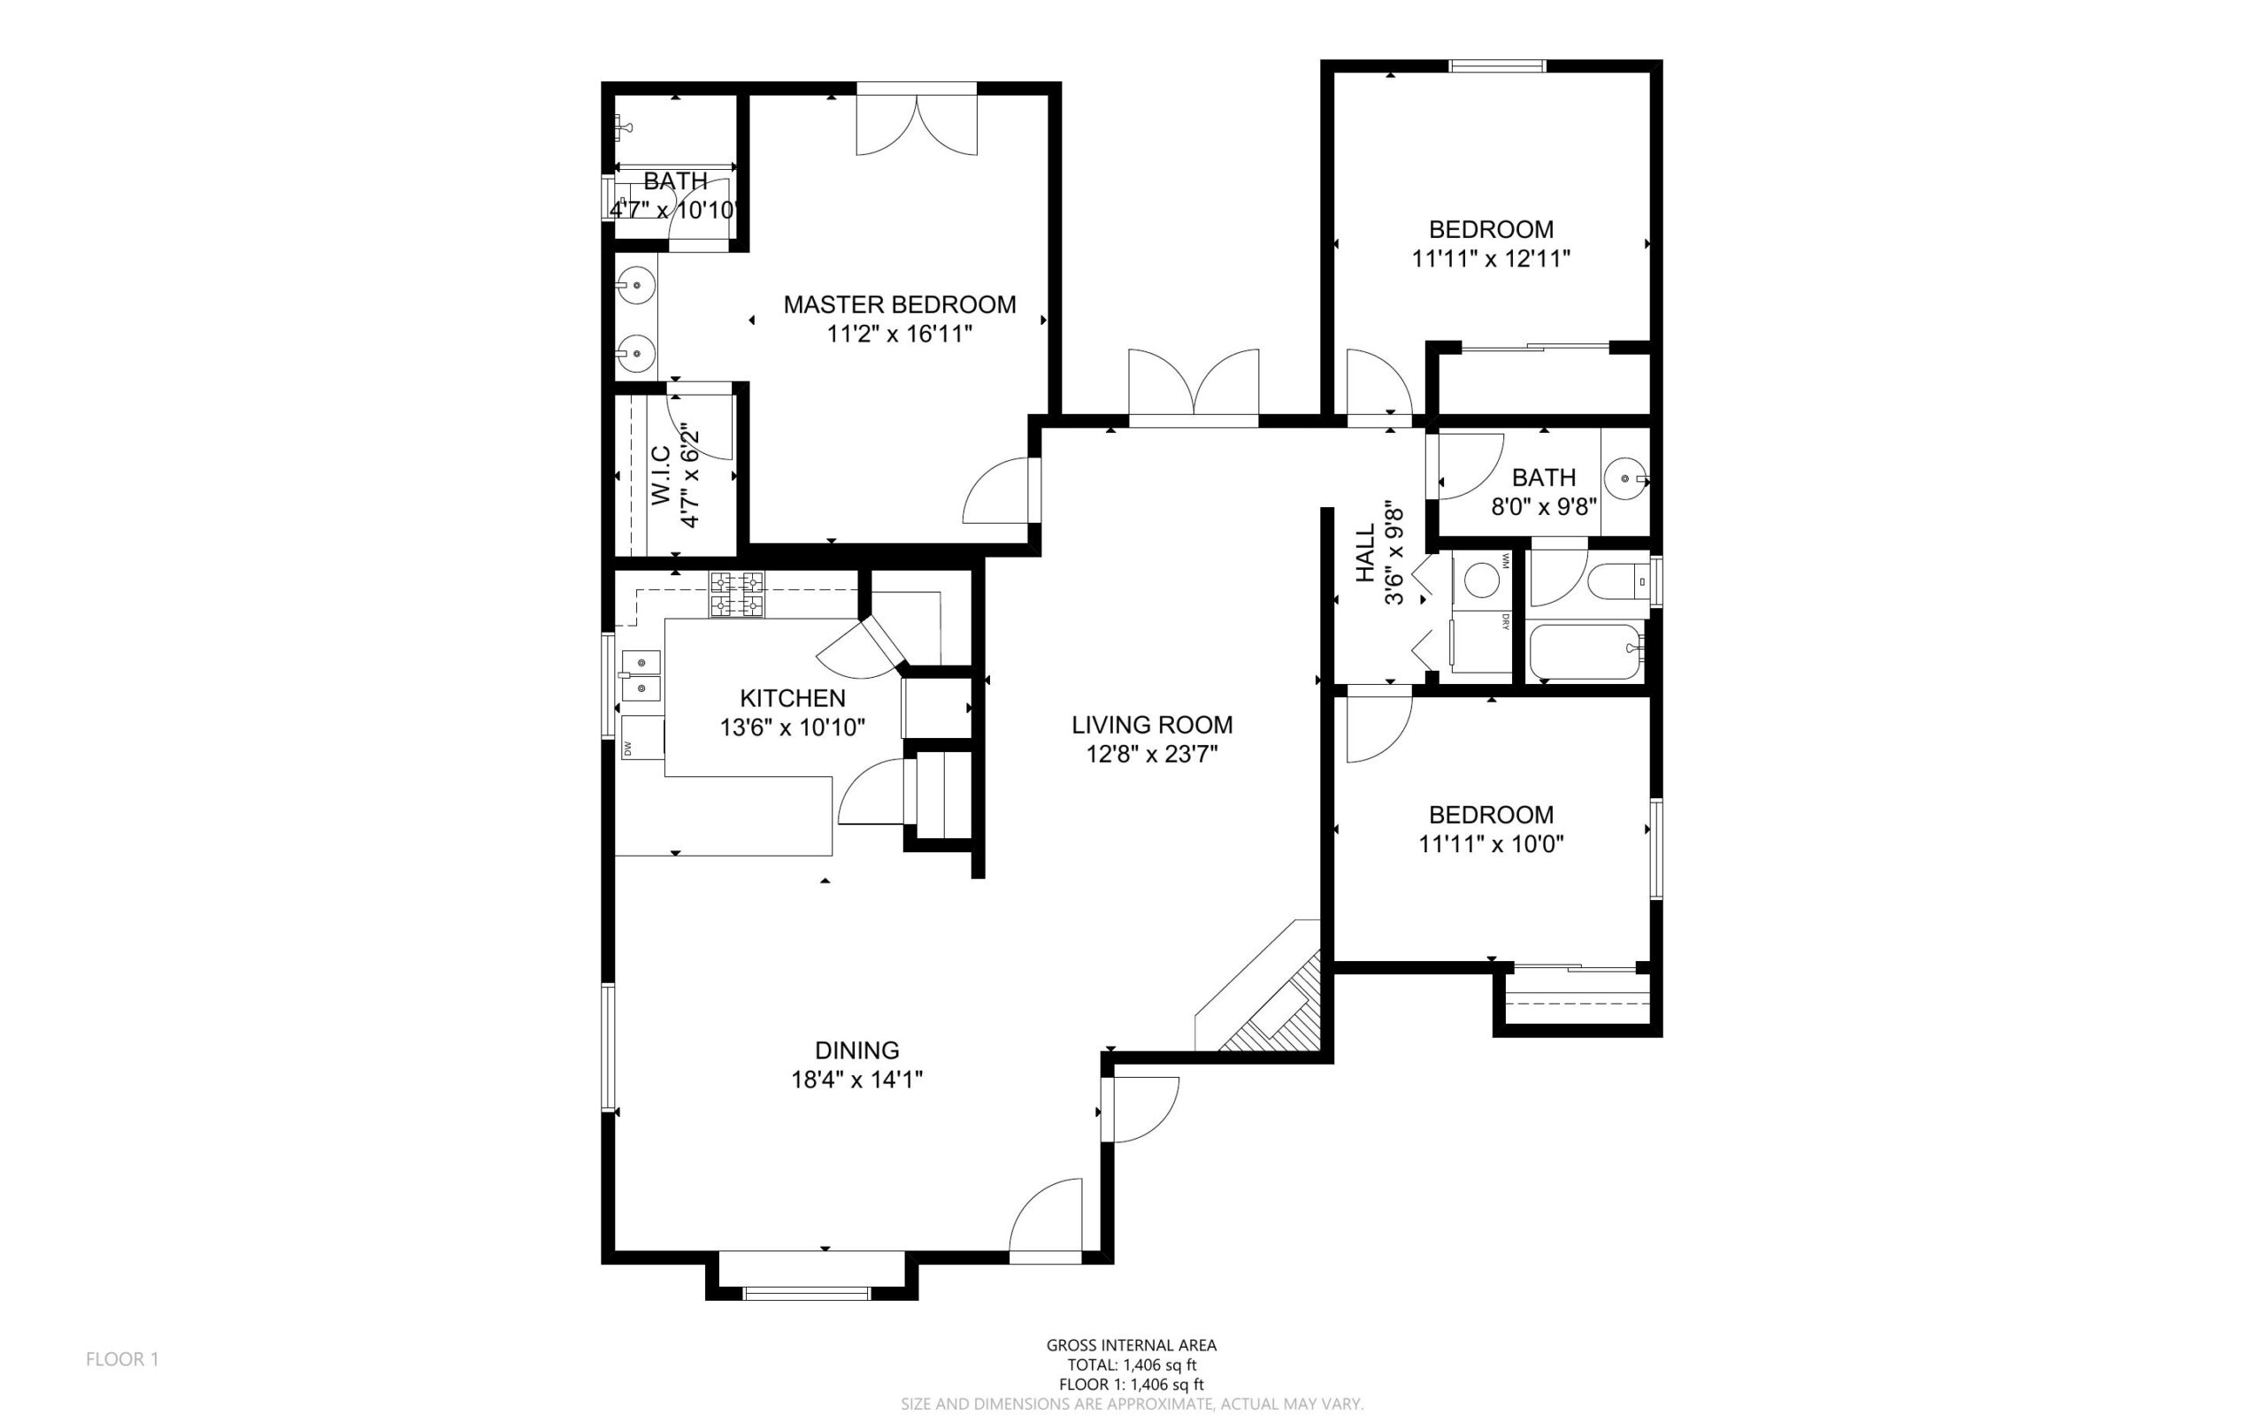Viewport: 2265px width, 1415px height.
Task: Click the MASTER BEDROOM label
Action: (899, 304)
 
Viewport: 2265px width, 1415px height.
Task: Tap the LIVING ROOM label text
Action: (1152, 725)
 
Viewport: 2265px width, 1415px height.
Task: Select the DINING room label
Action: (857, 1050)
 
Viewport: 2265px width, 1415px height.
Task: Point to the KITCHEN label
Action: (793, 698)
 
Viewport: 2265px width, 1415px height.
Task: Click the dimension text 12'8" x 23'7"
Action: (1152, 753)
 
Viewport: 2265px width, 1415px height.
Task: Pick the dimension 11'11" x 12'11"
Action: (1490, 258)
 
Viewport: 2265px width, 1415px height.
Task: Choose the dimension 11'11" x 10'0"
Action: (1490, 844)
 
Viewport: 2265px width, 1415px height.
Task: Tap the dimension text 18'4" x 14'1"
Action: (857, 1079)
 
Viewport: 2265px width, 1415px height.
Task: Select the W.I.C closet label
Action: (661, 475)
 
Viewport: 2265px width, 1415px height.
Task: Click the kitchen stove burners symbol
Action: (736, 595)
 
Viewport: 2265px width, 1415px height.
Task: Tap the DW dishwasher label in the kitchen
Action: (628, 748)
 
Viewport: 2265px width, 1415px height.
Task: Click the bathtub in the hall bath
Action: (1585, 652)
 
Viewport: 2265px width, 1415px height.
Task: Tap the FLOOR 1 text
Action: (123, 1359)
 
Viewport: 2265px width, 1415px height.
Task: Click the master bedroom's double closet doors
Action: (917, 119)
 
